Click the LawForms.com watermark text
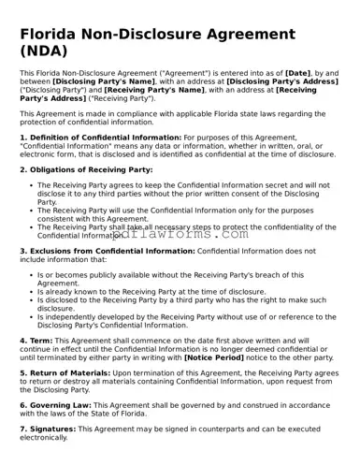(x=187, y=235)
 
